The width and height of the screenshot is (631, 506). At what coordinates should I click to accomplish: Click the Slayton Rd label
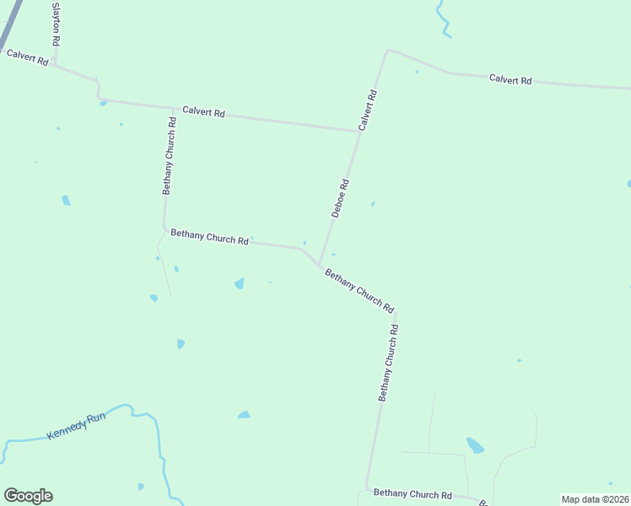[x=56, y=24]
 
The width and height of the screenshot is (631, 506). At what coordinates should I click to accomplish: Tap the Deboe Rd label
[x=340, y=198]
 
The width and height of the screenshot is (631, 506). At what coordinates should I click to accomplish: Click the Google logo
[x=28, y=496]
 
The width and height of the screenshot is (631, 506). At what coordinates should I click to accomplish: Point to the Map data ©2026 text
[x=595, y=499]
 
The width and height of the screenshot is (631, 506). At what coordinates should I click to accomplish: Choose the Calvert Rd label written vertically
[x=367, y=109]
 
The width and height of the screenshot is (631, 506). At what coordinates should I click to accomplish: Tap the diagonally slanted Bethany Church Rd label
[x=359, y=291]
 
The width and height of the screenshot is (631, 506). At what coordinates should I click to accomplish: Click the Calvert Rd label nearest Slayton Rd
[x=27, y=57]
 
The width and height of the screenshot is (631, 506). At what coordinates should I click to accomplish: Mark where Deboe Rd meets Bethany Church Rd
[x=320, y=264]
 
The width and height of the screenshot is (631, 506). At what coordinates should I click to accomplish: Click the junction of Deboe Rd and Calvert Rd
[x=359, y=131]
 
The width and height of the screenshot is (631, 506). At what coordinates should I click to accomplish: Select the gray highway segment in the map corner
[x=10, y=24]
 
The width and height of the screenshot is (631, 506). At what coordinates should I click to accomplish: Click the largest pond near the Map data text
[x=476, y=445]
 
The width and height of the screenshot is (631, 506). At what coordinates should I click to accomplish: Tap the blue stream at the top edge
[x=441, y=19]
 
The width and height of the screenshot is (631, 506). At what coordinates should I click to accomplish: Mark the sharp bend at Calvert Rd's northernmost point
[x=387, y=50]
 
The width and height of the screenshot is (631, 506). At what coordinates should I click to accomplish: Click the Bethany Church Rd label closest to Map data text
[x=413, y=493]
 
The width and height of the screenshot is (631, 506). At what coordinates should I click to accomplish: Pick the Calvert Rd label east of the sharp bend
[x=510, y=80]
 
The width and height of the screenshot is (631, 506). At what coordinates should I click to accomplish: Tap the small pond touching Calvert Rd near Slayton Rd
[x=102, y=103]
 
